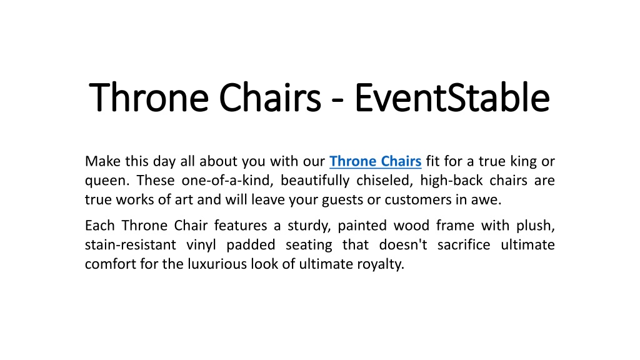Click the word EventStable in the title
point(452,97)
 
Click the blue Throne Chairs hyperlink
point(376,161)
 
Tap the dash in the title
point(337,100)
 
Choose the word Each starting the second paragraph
point(99,225)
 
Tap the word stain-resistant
point(131,245)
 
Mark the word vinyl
point(201,245)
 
